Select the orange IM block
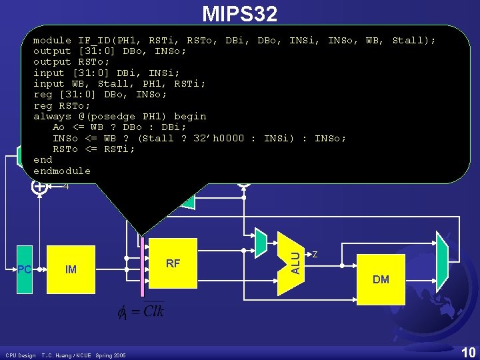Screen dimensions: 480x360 tap(71, 270)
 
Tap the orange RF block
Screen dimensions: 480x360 tap(173, 263)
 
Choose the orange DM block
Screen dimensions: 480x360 tap(381, 279)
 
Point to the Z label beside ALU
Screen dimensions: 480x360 tap(315, 254)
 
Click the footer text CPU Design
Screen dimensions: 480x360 tap(20, 355)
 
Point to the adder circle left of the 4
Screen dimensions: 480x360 tap(39, 187)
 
